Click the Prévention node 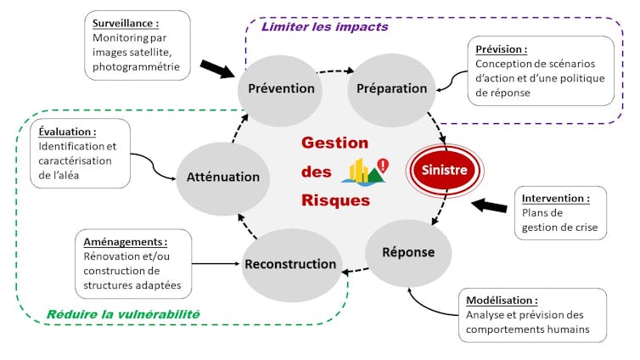tap(281, 88)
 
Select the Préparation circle tap(391, 88)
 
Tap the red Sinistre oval tap(445, 170)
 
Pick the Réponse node tap(408, 252)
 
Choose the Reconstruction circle tap(290, 264)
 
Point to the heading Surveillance tap(126, 24)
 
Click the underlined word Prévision tap(501, 49)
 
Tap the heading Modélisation tap(502, 300)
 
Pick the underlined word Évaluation tap(67, 132)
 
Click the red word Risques tap(335, 200)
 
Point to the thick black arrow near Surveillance tap(219, 69)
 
